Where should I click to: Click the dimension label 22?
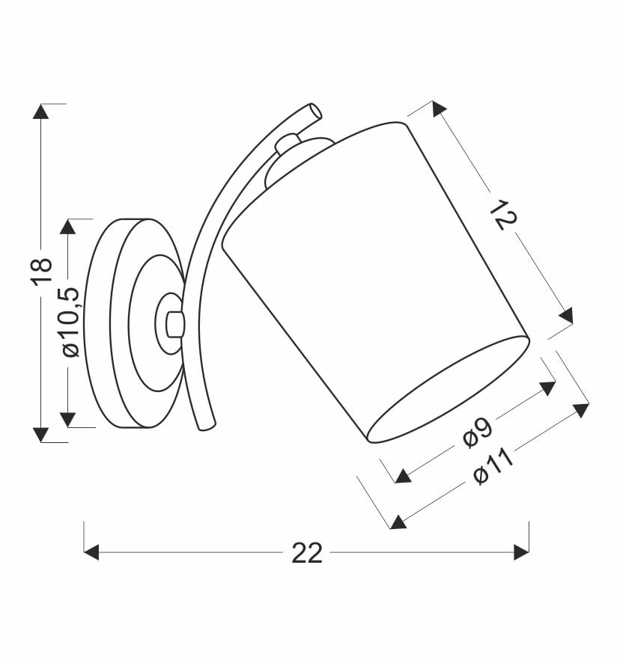(307, 553)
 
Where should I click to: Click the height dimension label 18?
(43, 271)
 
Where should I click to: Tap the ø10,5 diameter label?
(70, 323)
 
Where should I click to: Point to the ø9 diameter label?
(478, 431)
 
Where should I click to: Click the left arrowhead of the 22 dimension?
(91, 552)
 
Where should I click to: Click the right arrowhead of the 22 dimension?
(521, 552)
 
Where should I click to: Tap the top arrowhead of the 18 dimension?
(40, 111)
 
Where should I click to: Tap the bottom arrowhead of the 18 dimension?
(40, 435)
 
